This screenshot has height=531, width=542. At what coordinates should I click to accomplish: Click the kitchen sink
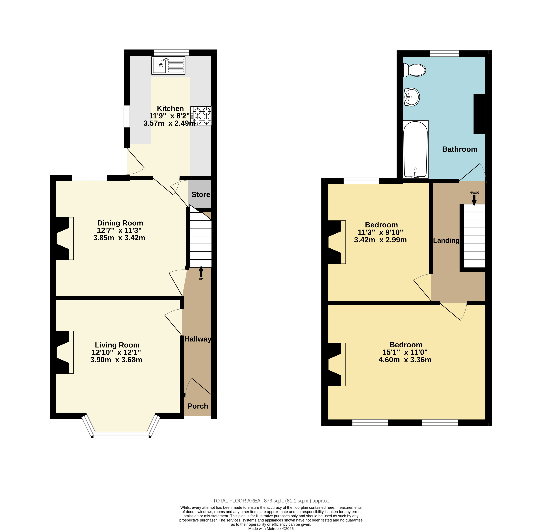click(168, 66)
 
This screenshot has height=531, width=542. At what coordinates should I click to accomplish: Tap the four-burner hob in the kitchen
click(201, 116)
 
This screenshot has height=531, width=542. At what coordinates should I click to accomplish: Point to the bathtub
click(415, 149)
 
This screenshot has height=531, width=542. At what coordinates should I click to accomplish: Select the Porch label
click(198, 406)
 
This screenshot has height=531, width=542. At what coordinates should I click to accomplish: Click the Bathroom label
click(460, 149)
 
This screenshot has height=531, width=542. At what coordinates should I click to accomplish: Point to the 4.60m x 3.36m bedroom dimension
click(405, 360)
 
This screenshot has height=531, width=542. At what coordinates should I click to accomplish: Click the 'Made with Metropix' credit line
click(271, 529)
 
